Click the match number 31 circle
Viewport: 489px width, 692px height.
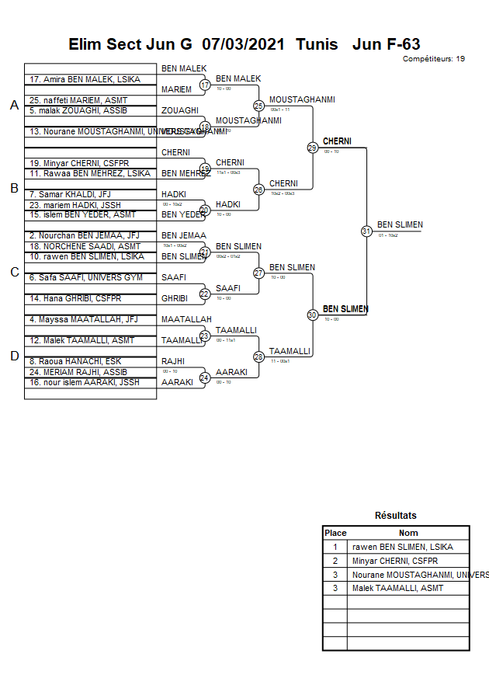click(366, 231)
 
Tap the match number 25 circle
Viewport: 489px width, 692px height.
click(258, 106)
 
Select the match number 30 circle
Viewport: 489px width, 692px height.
click(312, 315)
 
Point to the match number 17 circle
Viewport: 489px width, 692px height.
click(205, 85)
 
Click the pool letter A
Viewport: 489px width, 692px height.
click(14, 106)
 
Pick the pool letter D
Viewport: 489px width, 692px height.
click(14, 356)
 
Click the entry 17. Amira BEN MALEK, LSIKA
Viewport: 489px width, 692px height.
click(79, 79)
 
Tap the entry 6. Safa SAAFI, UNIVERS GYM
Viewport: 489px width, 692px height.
click(85, 277)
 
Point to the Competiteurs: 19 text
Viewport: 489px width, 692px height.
click(434, 59)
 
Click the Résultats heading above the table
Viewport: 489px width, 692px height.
click(395, 515)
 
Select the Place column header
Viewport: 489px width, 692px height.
click(335, 533)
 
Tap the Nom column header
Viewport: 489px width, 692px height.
click(408, 533)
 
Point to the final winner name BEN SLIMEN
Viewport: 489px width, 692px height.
click(400, 225)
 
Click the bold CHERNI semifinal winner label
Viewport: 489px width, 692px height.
click(337, 141)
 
